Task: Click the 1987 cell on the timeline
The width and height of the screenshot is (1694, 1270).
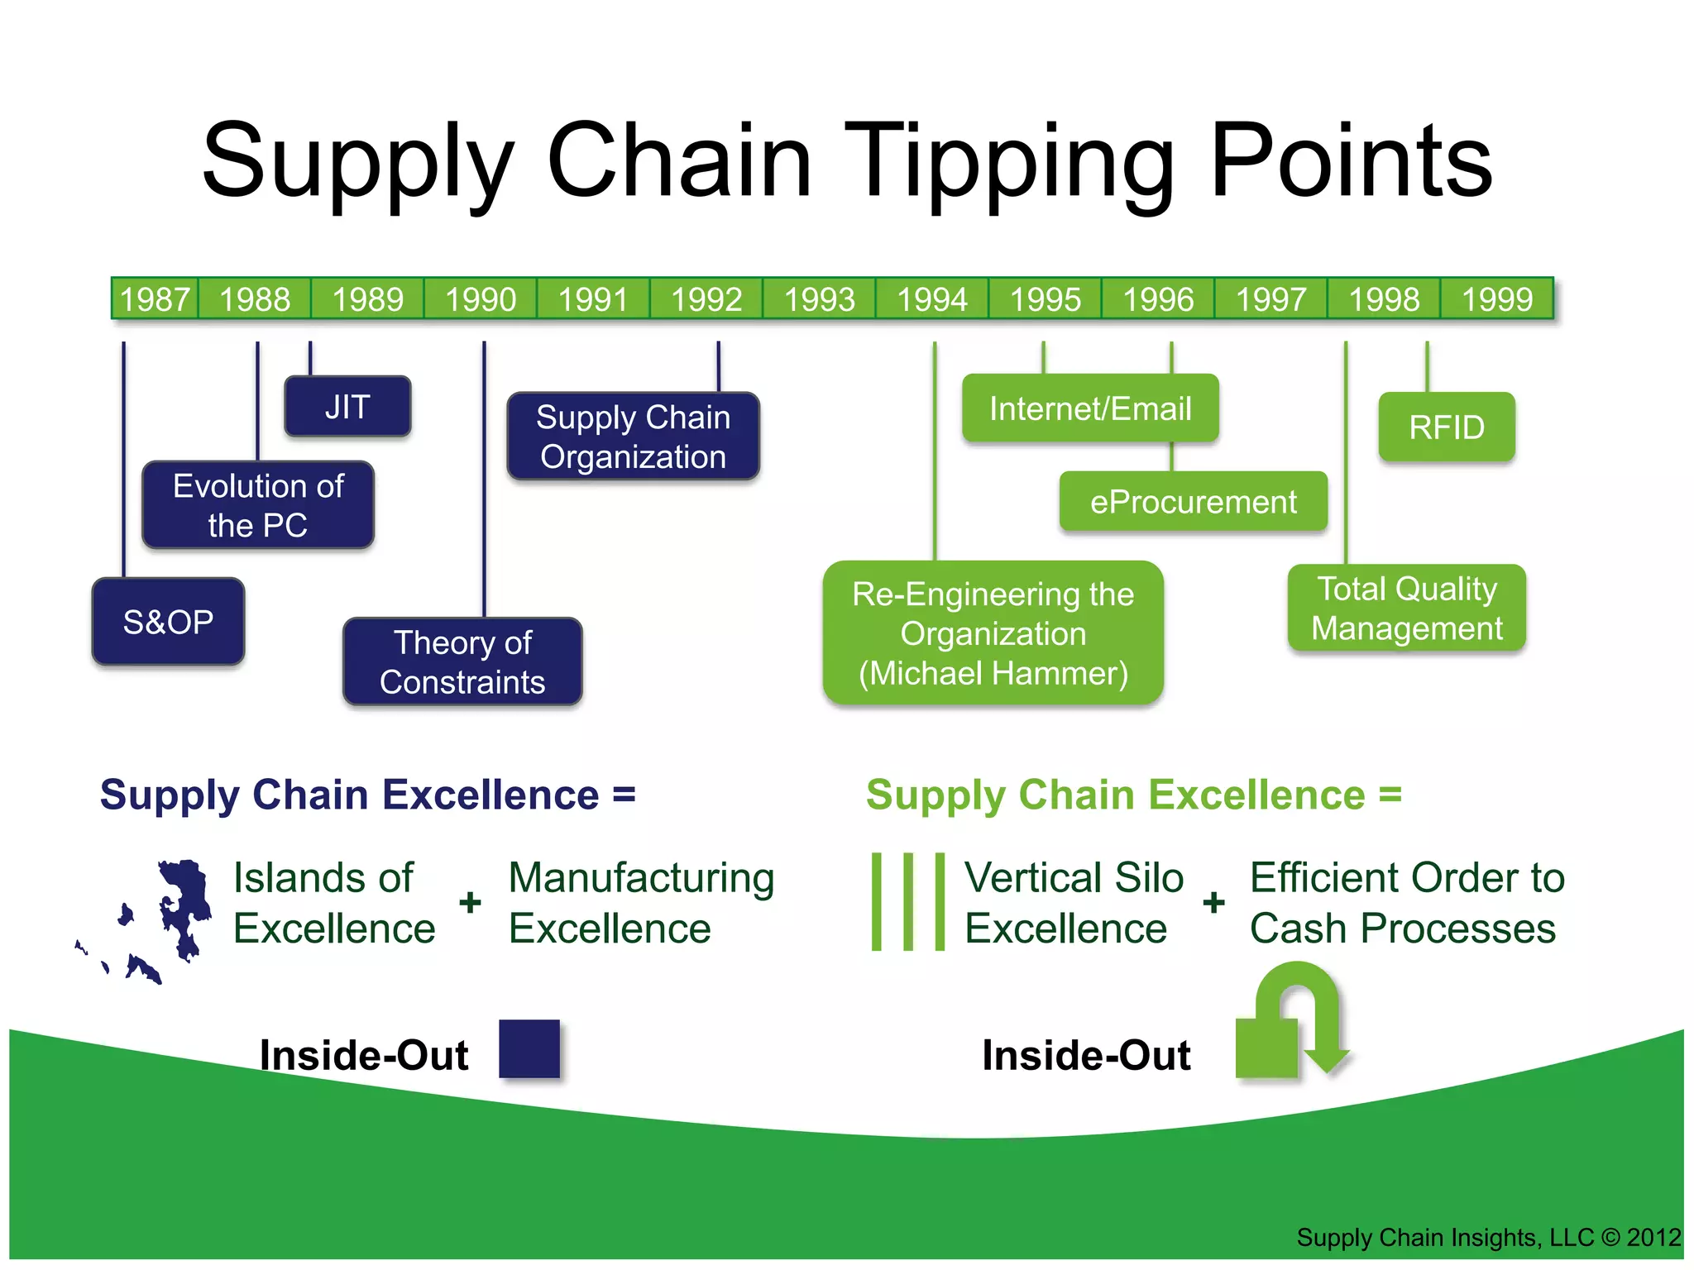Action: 155,298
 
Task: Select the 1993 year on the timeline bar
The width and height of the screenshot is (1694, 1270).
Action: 819,298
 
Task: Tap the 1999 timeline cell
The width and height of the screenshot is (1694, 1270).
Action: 1496,298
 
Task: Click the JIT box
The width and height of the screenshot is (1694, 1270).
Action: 347,407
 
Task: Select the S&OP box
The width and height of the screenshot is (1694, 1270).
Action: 168,622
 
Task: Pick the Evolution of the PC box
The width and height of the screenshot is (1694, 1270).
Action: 258,505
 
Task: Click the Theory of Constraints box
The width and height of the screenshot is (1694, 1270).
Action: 462,661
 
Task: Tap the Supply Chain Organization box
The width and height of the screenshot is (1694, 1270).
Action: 633,437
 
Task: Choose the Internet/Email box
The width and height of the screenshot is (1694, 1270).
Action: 1090,408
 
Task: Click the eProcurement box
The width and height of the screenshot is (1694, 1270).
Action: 1193,502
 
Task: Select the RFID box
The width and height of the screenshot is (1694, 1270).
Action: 1447,427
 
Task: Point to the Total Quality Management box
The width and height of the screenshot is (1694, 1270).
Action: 1406,609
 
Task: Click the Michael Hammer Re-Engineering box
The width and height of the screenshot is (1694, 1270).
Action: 993,633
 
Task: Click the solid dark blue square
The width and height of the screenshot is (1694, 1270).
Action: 529,1048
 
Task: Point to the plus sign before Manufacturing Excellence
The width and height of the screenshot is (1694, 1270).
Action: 470,902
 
